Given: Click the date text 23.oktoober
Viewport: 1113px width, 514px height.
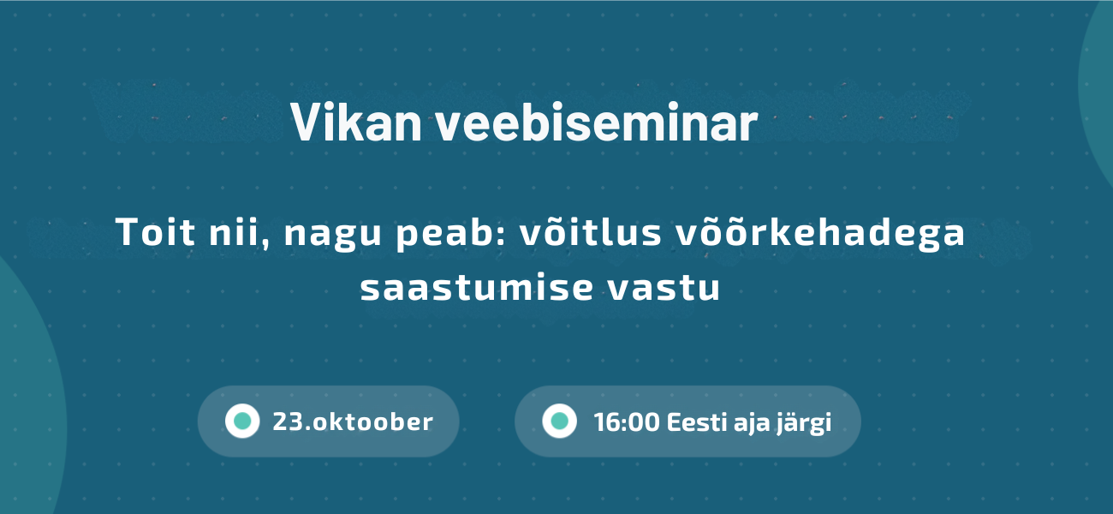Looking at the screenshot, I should coord(353,421).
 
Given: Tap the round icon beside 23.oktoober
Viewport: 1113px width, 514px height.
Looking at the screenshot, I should coord(241,421).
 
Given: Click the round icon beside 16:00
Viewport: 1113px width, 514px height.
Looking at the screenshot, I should coord(559,421).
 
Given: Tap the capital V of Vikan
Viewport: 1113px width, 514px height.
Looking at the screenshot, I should coord(303,123).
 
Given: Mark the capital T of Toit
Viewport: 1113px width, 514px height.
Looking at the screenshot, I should coord(125,233).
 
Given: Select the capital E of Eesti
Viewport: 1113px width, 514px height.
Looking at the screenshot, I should coord(673,421).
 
